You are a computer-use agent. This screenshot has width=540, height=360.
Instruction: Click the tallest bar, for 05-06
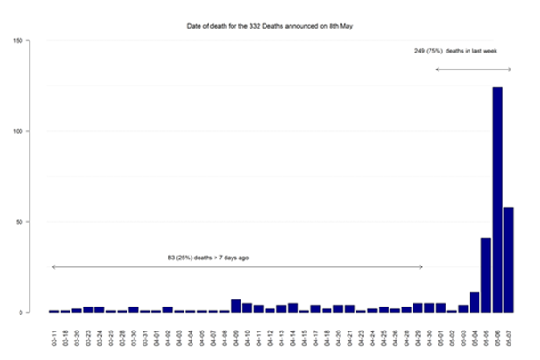click(497, 200)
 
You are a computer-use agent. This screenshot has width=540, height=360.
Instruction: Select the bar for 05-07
click(509, 259)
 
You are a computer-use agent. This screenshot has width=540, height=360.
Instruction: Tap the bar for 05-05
click(486, 275)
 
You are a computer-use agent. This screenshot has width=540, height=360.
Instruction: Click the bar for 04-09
click(235, 306)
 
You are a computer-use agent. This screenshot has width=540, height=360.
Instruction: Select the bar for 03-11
click(53, 311)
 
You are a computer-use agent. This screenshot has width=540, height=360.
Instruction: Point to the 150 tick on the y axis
click(17, 40)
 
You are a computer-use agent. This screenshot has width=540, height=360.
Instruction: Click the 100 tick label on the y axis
click(17, 131)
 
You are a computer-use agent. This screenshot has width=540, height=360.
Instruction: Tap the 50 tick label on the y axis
click(19, 222)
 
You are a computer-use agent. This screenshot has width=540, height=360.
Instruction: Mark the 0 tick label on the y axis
click(20, 313)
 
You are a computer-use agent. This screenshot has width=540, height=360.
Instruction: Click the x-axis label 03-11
click(53, 337)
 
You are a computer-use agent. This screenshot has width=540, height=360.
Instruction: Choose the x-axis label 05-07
click(509, 337)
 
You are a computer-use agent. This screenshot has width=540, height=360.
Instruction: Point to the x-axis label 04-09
click(235, 337)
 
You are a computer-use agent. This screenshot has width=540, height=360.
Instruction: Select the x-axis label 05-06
click(497, 337)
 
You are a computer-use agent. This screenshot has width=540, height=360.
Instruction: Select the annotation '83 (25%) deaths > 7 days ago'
click(208, 258)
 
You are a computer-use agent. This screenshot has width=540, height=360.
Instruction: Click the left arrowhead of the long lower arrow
click(53, 267)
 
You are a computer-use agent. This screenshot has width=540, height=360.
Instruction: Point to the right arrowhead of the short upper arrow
click(510, 70)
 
